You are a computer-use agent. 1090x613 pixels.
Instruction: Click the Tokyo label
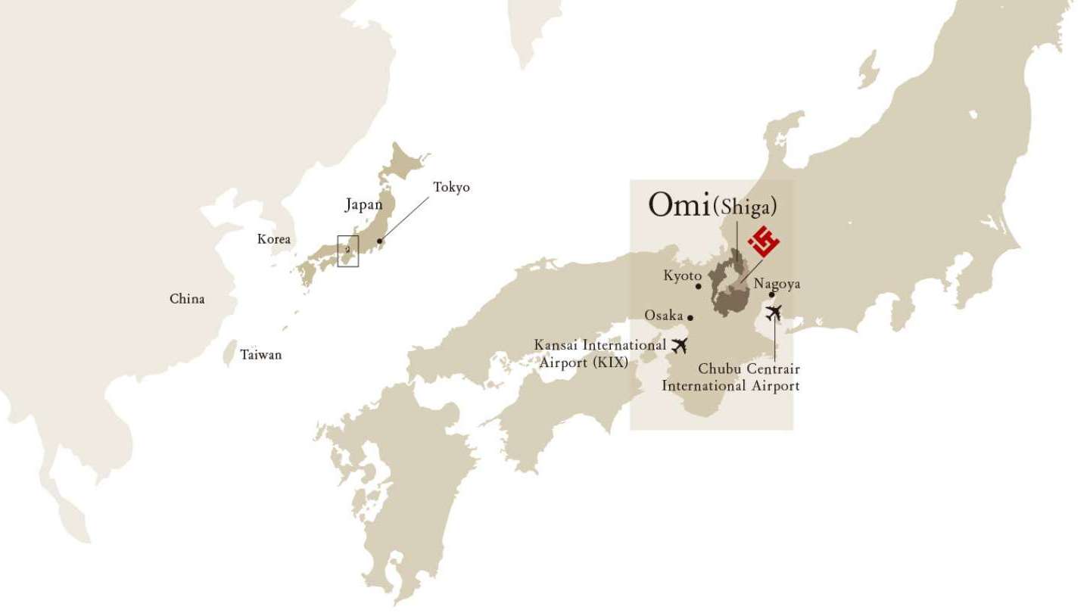tap(451, 187)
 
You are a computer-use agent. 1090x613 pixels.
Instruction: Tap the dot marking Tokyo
tap(380, 242)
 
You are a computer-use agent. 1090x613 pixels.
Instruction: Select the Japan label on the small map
tap(364, 204)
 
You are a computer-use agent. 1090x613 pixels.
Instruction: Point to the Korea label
tap(274, 239)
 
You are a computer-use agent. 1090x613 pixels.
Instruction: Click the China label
tap(187, 299)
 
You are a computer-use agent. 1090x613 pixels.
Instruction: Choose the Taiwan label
tap(261, 354)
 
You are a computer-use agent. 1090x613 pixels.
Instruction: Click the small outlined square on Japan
tap(348, 250)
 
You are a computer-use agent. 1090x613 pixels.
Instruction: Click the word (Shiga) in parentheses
tap(746, 207)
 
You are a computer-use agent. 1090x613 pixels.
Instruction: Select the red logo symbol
tap(764, 242)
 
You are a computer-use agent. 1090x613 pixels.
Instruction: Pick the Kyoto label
tap(683, 276)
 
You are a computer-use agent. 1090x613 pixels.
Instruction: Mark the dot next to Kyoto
tap(698, 287)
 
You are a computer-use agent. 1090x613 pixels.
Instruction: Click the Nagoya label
tap(777, 285)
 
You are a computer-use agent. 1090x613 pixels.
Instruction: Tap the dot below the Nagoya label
tap(771, 295)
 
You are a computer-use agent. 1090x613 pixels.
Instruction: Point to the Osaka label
tap(664, 315)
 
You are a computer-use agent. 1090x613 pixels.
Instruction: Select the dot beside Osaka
tap(690, 317)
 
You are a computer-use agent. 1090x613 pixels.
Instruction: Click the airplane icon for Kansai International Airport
tap(680, 346)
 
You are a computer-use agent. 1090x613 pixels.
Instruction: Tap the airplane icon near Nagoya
tap(773, 312)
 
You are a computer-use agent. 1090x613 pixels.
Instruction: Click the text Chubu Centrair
tap(749, 369)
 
